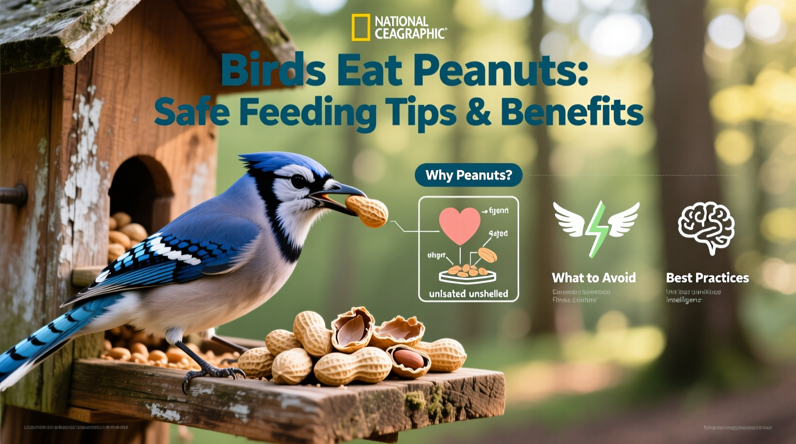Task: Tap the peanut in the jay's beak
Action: tap(367, 211)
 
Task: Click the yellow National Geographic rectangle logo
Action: tap(361, 27)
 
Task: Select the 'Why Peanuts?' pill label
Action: tap(468, 175)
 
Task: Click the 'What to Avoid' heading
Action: tap(594, 277)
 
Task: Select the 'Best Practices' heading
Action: tap(707, 277)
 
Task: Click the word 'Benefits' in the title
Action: tap(572, 112)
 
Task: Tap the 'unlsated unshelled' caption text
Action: tap(468, 293)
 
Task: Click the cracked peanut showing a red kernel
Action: tap(409, 360)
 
